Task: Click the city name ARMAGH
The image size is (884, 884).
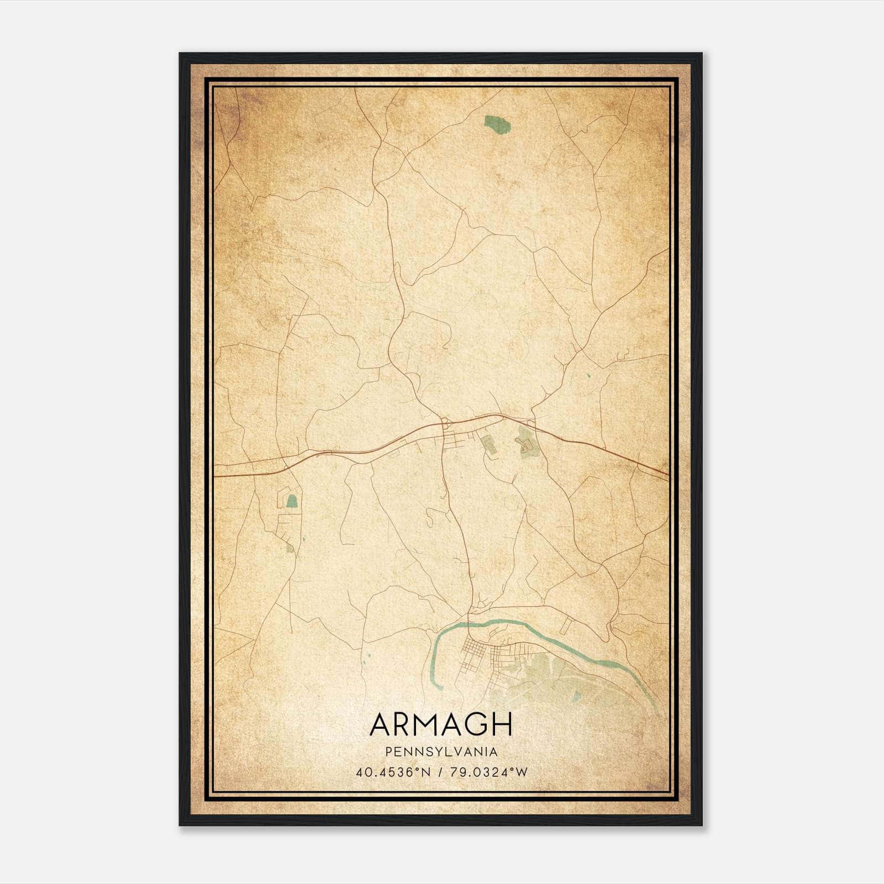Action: (441, 724)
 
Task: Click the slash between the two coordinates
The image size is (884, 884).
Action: (440, 772)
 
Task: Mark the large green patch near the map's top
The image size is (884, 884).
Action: (497, 124)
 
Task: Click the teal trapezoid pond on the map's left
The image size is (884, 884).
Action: (291, 501)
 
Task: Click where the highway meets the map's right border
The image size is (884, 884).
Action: (669, 473)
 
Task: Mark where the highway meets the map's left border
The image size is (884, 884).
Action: (214, 475)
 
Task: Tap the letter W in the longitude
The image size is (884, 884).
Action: (520, 772)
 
